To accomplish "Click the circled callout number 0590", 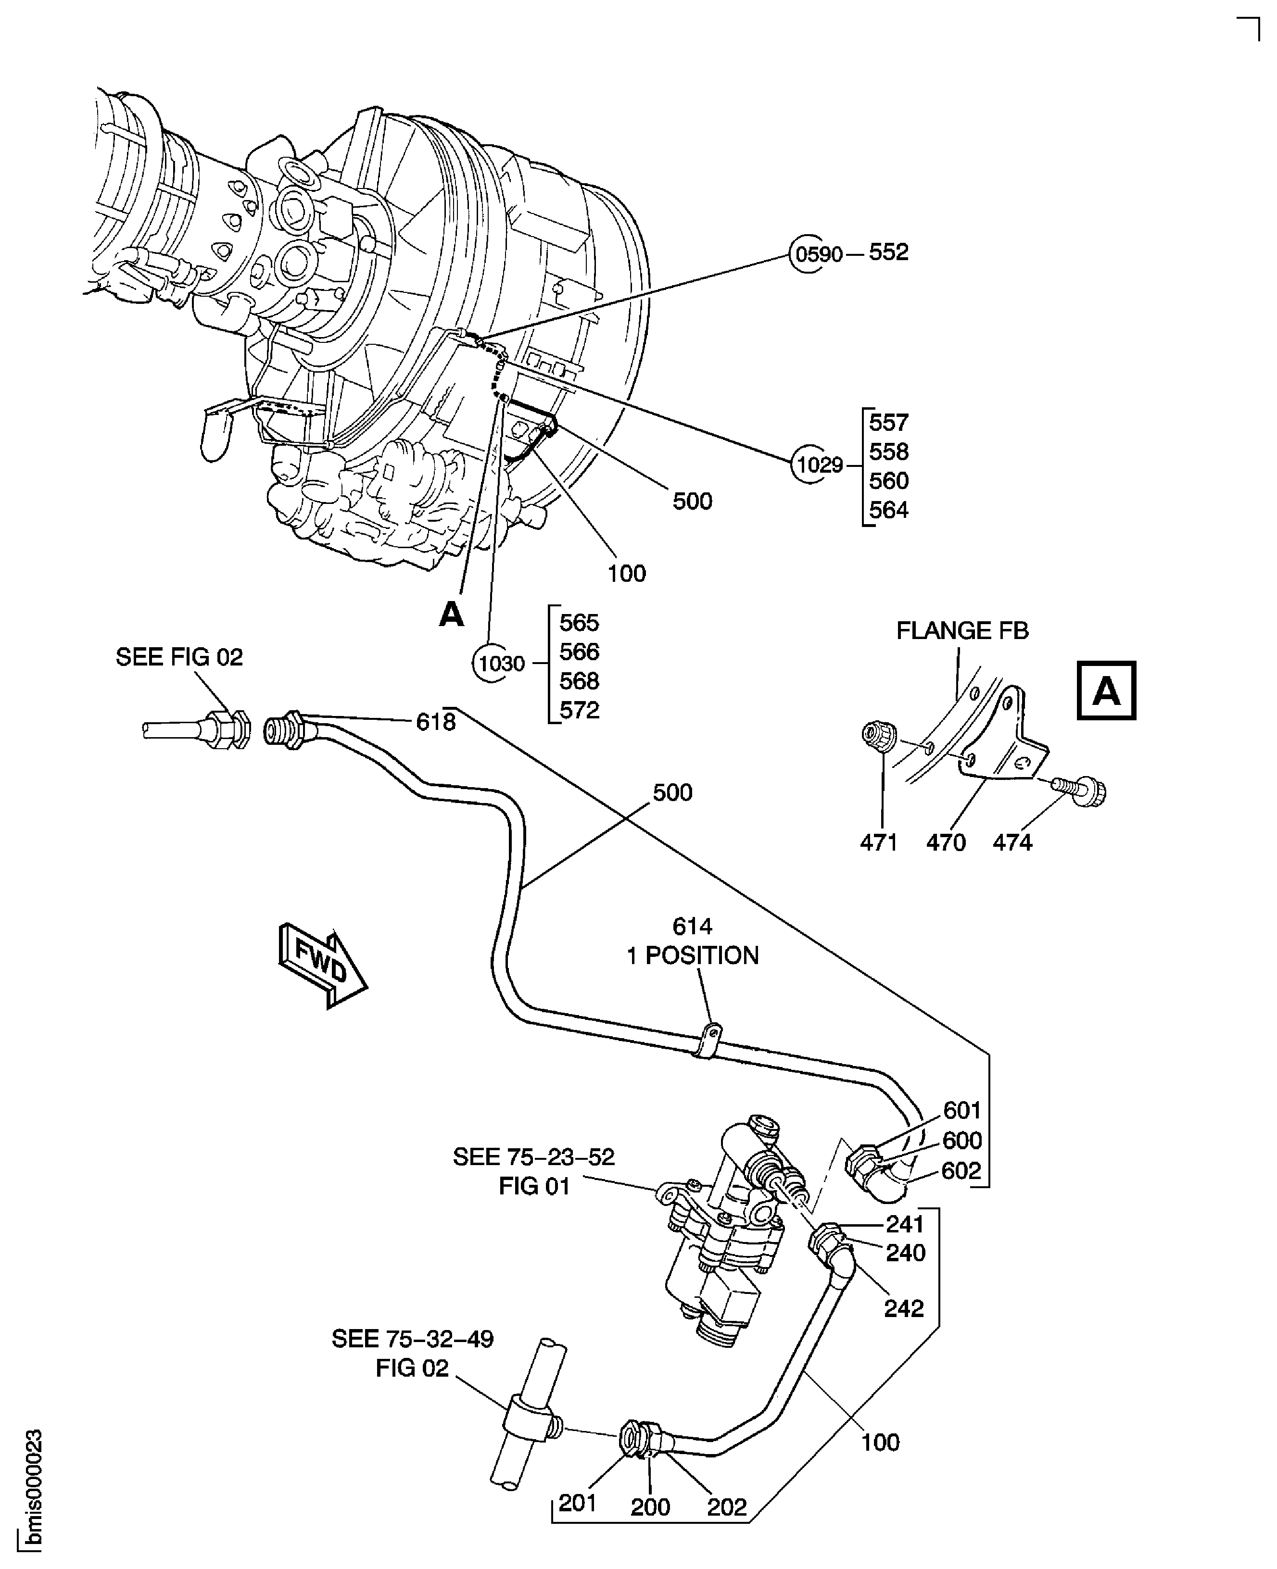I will (x=819, y=254).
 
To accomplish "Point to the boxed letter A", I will (x=1106, y=691).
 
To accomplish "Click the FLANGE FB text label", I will (x=961, y=631).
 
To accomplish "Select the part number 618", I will (x=435, y=722).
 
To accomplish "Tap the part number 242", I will (x=903, y=1309).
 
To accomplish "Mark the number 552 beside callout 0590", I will (x=888, y=252).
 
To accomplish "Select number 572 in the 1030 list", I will (x=579, y=710).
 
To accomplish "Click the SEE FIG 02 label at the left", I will (x=179, y=656).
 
